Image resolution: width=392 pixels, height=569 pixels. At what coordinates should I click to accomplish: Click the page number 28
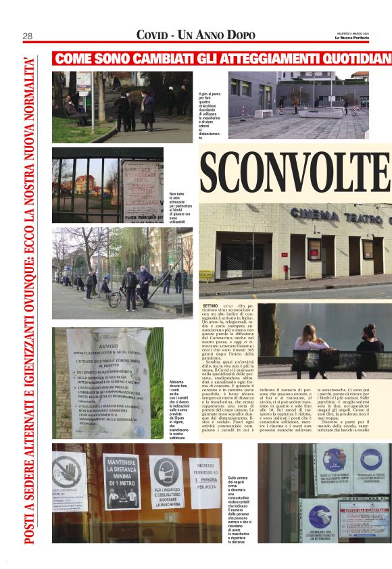tap(29, 36)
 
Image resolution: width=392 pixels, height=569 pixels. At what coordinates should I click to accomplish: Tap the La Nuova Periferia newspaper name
tap(354, 38)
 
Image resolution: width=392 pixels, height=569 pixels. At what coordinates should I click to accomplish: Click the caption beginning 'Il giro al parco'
tap(210, 116)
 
